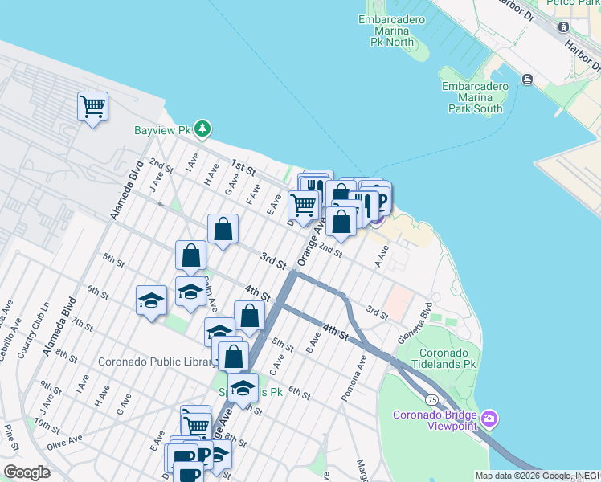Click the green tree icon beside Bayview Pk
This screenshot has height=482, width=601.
(204, 129)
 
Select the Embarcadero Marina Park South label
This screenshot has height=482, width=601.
(475, 97)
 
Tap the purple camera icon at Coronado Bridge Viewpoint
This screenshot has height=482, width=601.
(490, 418)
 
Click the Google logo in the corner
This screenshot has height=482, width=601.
(27, 472)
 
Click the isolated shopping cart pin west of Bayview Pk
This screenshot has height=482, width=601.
(92, 106)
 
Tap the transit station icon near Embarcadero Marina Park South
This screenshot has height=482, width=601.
(528, 79)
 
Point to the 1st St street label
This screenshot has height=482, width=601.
(243, 170)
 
